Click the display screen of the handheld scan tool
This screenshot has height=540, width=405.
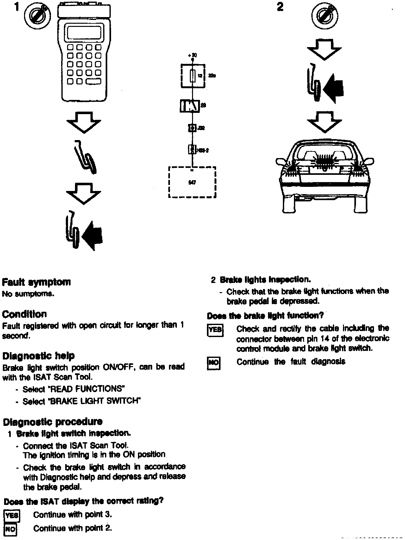point(84,32)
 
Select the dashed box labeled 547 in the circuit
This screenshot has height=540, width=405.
point(192,182)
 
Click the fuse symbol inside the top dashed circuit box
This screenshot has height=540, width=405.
point(192,76)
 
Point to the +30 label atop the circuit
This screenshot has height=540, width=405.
point(192,55)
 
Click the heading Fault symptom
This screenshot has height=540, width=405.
point(36,282)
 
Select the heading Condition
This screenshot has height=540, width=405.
point(24,314)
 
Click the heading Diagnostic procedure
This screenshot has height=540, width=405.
point(53,422)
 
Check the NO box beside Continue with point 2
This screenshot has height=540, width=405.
point(10,529)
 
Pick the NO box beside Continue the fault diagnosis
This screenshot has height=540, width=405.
point(214,363)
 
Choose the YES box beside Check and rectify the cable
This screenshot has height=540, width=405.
point(215,330)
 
